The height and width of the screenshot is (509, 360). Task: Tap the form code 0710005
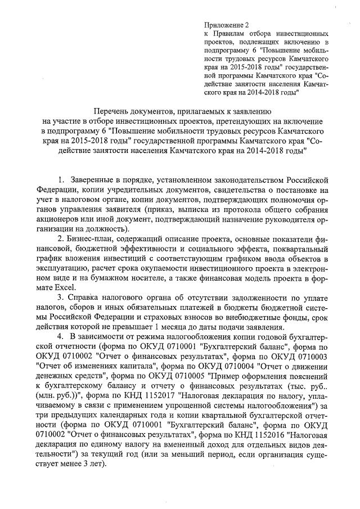(x=187, y=375)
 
